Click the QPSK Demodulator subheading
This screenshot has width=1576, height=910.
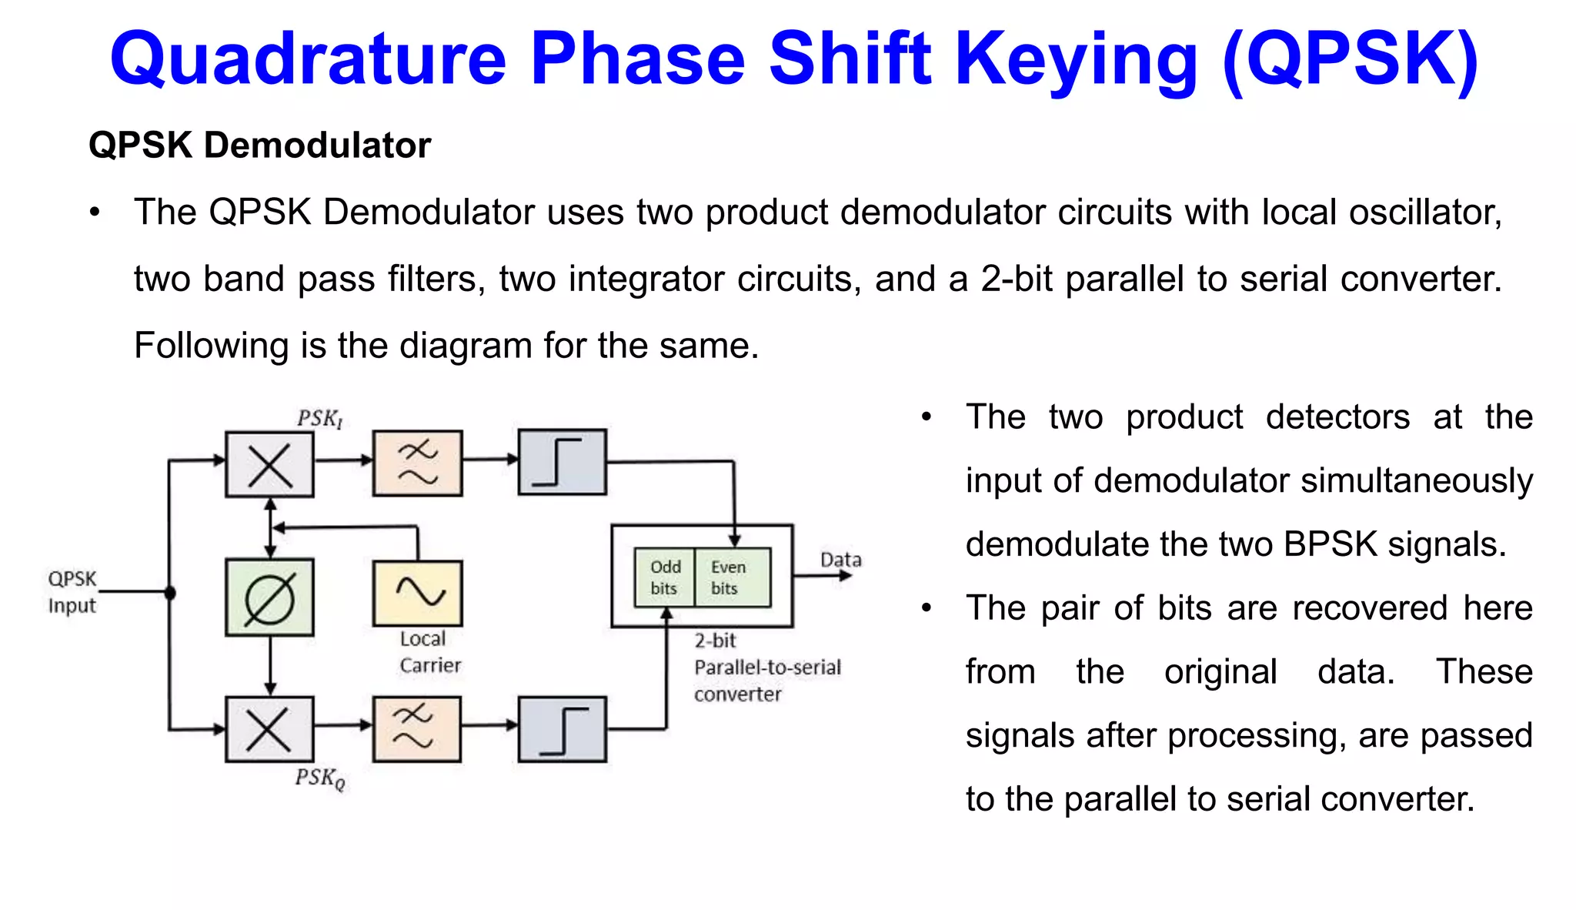click(259, 146)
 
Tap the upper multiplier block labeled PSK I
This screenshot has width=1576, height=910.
click(269, 464)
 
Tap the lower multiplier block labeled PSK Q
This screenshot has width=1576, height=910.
click(269, 728)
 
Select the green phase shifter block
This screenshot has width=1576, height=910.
click(269, 597)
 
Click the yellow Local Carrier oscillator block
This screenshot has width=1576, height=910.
click(418, 593)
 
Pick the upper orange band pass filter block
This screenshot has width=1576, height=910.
click(418, 463)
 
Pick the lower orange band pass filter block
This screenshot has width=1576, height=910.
click(416, 728)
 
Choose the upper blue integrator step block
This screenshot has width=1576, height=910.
click(562, 462)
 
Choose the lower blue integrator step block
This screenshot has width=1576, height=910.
click(562, 728)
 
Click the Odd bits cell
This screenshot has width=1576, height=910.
click(665, 577)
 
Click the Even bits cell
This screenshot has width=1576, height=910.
click(730, 577)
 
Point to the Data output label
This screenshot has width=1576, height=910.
click(840, 560)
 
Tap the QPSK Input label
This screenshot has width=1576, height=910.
click(72, 591)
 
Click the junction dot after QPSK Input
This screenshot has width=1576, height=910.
click(170, 592)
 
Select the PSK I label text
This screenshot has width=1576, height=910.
click(319, 419)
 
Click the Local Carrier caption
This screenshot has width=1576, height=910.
click(429, 651)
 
